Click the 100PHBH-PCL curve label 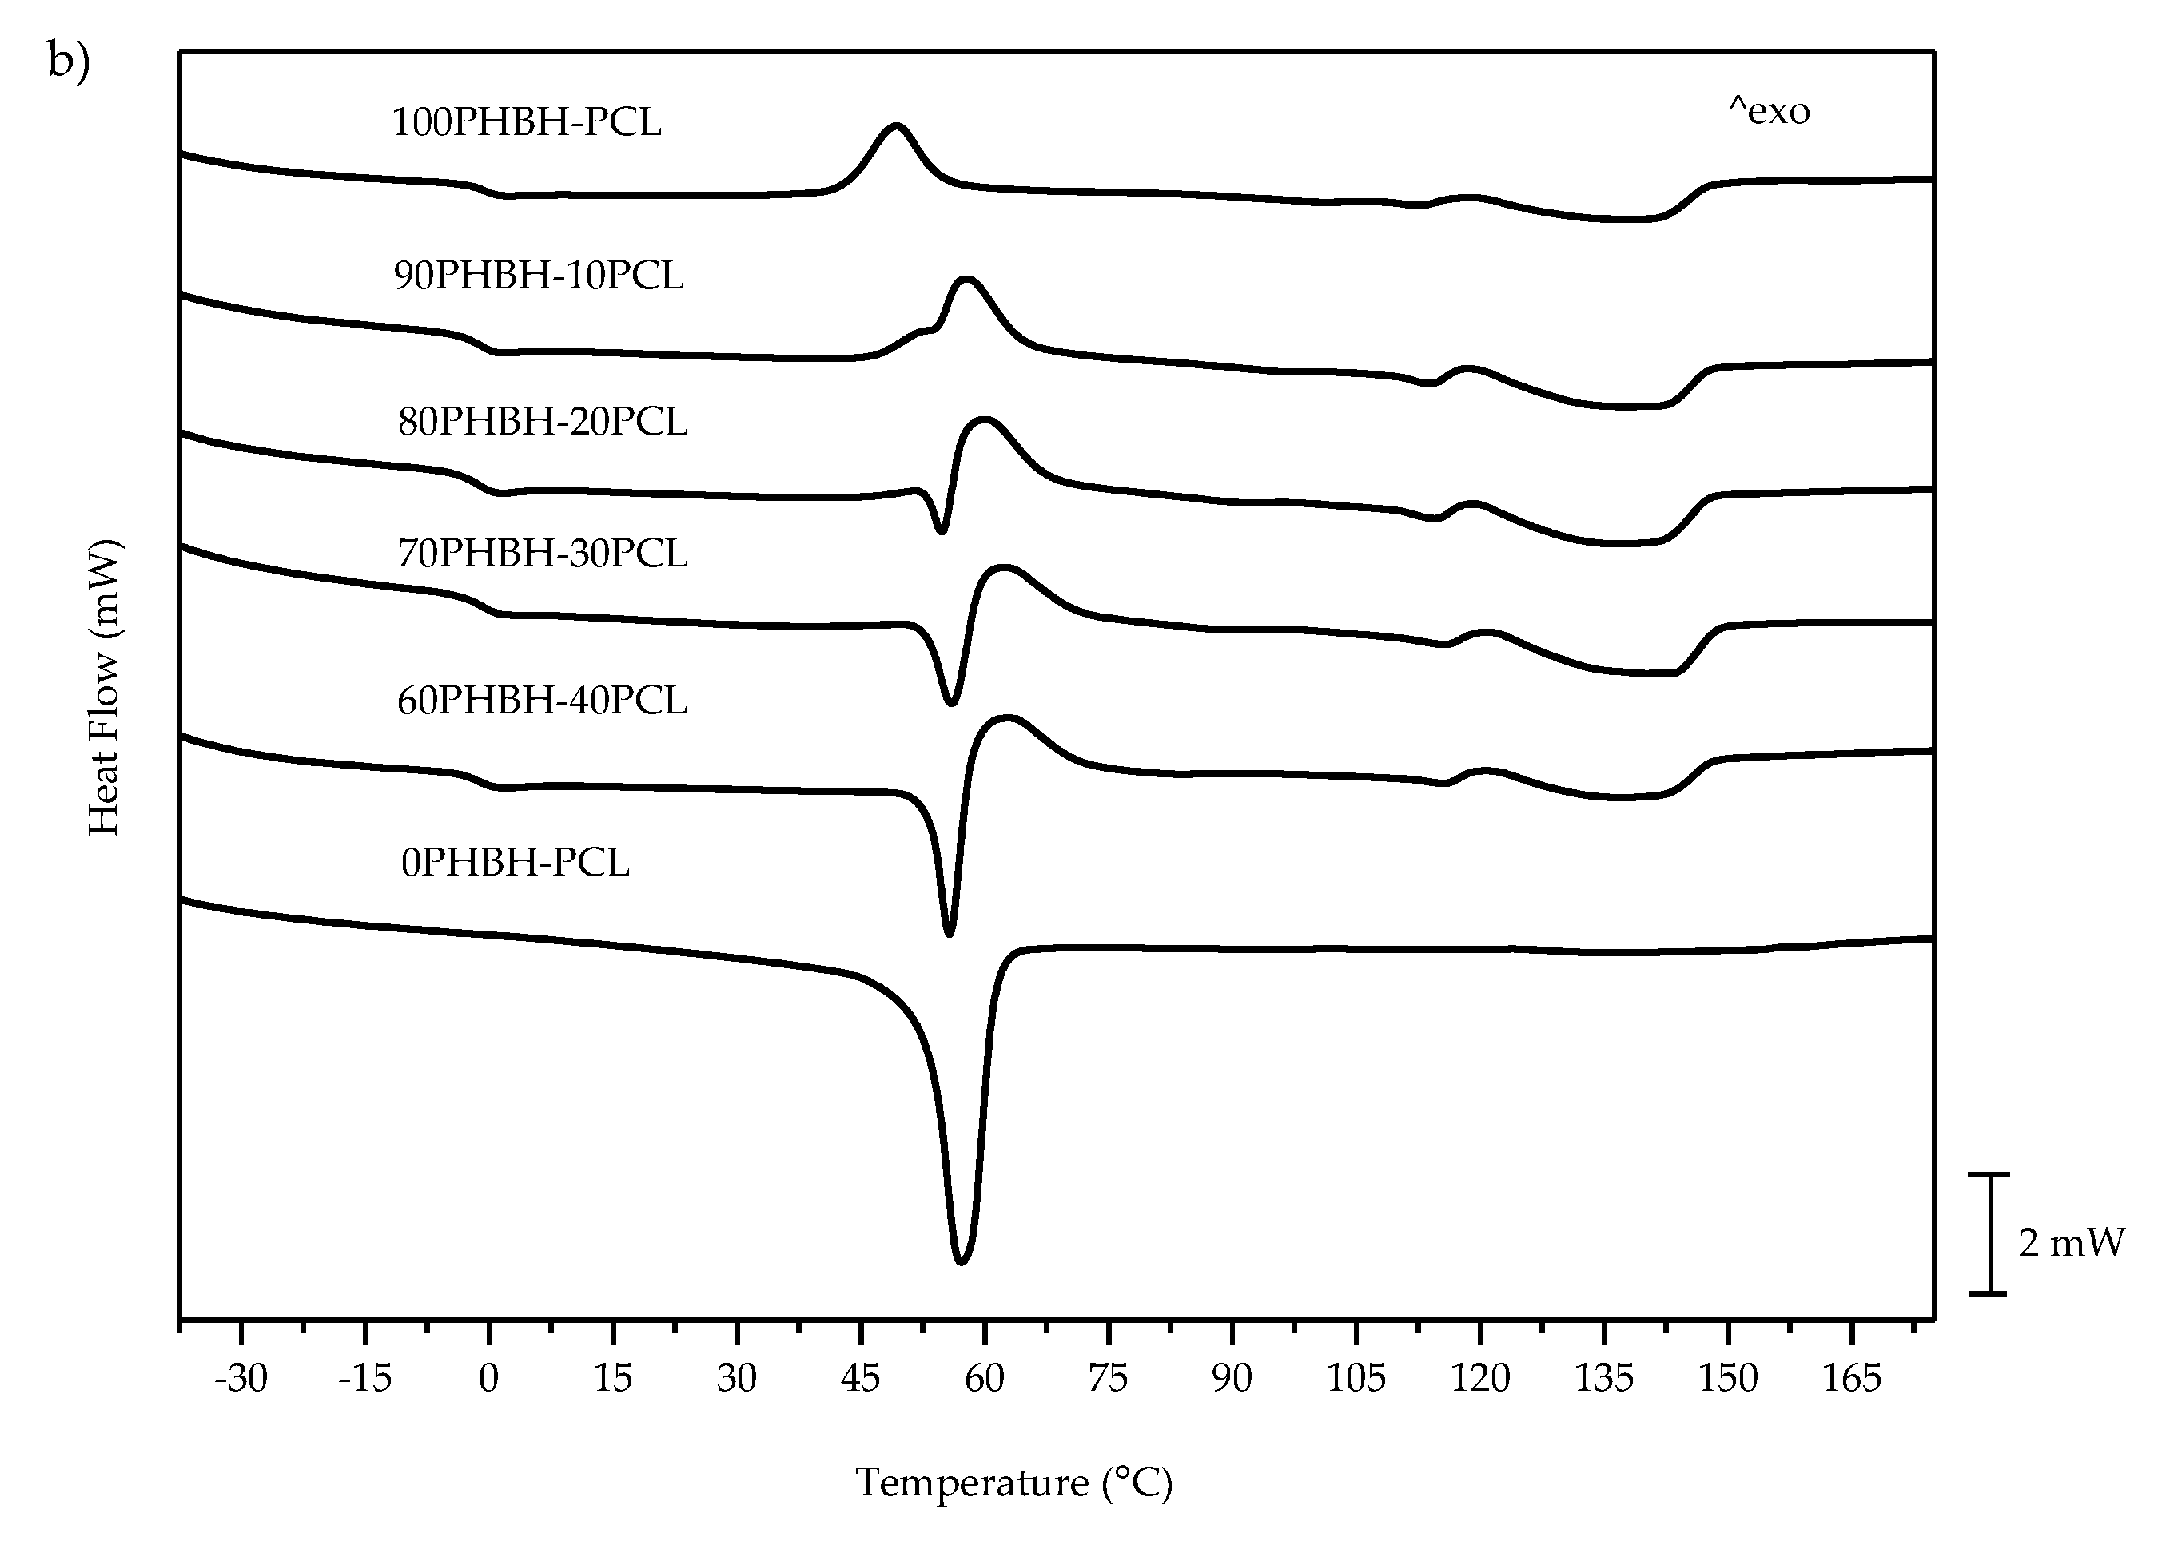coord(526,122)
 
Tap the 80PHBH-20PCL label coord(542,420)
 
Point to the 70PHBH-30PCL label coord(542,552)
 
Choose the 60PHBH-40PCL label coord(541,701)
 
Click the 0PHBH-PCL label coord(515,863)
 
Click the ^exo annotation coord(1768,112)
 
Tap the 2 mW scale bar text coord(2071,1242)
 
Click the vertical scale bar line coord(1988,1233)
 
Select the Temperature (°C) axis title coord(1013,1482)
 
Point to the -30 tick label coord(241,1378)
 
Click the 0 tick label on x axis coord(489,1378)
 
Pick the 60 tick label coord(984,1378)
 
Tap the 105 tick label coord(1356,1378)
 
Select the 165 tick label coord(1851,1378)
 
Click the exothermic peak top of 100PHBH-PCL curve coord(895,125)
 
